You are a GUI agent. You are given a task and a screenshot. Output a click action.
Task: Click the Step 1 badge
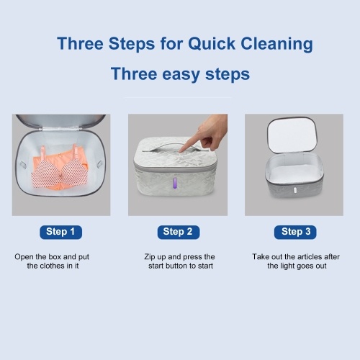[60, 232]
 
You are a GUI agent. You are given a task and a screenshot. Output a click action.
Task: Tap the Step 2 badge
[179, 232]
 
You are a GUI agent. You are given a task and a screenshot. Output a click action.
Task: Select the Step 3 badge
[295, 232]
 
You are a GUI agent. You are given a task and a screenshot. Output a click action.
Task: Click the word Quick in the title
[212, 44]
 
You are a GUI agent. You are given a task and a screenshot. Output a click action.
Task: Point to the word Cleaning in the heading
[276, 45]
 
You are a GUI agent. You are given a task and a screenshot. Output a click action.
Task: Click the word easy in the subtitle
[181, 74]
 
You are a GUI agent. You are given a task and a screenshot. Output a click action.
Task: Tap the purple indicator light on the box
[175, 184]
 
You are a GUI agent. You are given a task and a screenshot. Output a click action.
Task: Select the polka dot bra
[60, 168]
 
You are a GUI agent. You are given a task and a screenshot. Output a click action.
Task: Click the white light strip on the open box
[294, 191]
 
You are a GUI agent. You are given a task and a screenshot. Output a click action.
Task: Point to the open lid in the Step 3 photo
[292, 135]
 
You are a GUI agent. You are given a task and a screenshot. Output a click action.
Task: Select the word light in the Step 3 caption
[288, 266]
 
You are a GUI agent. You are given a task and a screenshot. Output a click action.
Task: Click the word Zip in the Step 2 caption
[149, 257]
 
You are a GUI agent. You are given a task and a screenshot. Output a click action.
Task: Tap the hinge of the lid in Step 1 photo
[60, 129]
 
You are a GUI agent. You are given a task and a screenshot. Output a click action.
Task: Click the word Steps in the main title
[132, 45]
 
